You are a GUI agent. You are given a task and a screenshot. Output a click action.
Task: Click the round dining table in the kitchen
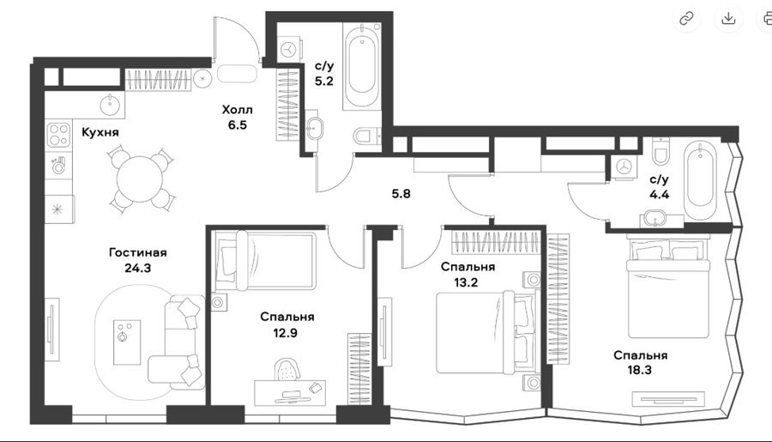(x=141, y=179)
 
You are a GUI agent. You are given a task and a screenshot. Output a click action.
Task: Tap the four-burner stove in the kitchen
(x=58, y=135)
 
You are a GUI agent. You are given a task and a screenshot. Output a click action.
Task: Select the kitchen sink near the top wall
(x=109, y=105)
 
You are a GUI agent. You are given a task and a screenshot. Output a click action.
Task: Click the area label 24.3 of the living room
(x=137, y=268)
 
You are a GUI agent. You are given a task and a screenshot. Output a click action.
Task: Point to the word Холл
(x=237, y=109)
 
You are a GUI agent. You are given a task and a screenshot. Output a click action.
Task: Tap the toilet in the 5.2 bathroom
(x=367, y=136)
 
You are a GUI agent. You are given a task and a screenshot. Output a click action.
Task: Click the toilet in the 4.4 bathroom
(x=660, y=150)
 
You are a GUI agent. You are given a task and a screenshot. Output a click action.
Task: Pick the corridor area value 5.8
(x=401, y=194)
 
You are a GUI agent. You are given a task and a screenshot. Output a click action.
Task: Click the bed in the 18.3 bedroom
(x=668, y=288)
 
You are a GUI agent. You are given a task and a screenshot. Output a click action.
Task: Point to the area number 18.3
(x=640, y=370)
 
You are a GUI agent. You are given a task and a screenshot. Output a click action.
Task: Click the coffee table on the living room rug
(x=127, y=342)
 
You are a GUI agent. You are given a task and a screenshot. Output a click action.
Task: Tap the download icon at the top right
(x=728, y=19)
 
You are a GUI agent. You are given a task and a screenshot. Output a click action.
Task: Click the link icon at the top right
(x=686, y=19)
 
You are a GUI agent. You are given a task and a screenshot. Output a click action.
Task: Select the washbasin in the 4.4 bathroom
(x=654, y=218)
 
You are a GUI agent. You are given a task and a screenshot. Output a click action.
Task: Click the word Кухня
(x=100, y=132)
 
